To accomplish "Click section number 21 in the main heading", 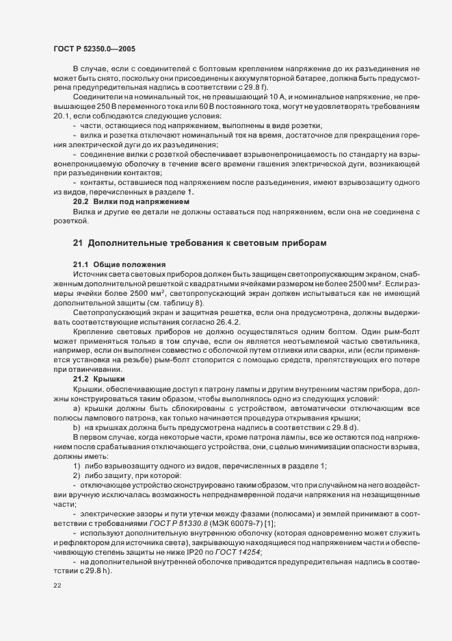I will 77,244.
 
